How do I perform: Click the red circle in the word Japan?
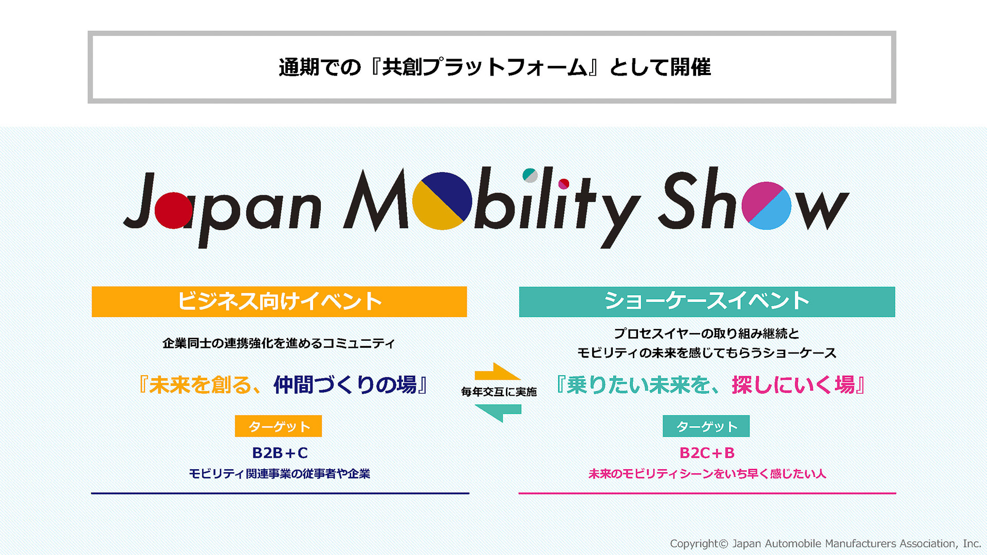(x=173, y=210)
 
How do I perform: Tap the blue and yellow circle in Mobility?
(x=442, y=201)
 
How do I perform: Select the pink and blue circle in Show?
(x=766, y=206)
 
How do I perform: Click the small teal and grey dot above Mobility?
(x=530, y=175)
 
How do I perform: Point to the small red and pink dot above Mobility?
(x=564, y=183)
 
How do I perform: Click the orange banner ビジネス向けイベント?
(x=279, y=302)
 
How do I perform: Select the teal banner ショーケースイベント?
(x=707, y=302)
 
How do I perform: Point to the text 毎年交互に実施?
(x=499, y=392)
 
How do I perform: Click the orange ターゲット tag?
(x=278, y=426)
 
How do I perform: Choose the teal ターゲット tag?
(x=706, y=426)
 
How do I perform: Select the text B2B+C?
(x=280, y=453)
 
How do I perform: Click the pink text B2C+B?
(x=707, y=453)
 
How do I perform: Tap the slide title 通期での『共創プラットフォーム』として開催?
(x=494, y=67)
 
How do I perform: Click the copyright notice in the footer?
(x=825, y=543)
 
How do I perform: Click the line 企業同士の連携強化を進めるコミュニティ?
(x=279, y=343)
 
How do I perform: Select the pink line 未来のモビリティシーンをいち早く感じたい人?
(x=707, y=474)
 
